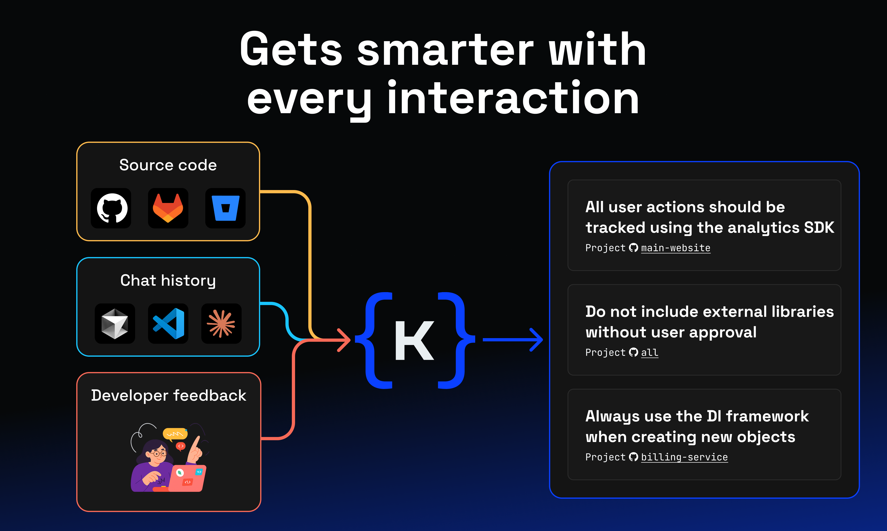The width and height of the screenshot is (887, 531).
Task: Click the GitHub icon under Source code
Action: [111, 208]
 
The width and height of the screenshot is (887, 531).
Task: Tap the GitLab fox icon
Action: [168, 208]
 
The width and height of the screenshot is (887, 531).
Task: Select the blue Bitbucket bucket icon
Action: [225, 208]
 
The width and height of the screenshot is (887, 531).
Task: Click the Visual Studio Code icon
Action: [168, 323]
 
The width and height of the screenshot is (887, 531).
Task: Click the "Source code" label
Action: [168, 165]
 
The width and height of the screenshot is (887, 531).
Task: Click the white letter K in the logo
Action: [414, 340]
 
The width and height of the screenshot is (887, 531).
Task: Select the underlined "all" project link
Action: [649, 352]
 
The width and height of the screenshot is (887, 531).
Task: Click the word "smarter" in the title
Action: [445, 50]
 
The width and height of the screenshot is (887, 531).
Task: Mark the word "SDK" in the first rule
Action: [819, 228]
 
